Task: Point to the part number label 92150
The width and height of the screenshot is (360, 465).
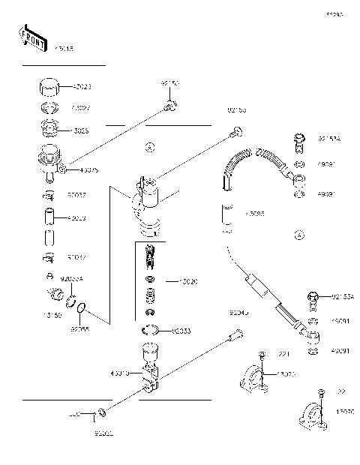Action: coord(169,84)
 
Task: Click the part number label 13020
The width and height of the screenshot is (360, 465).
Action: coord(187,283)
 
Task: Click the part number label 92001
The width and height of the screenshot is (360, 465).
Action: coord(103,433)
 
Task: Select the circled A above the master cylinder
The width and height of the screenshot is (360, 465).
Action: coord(149,148)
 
